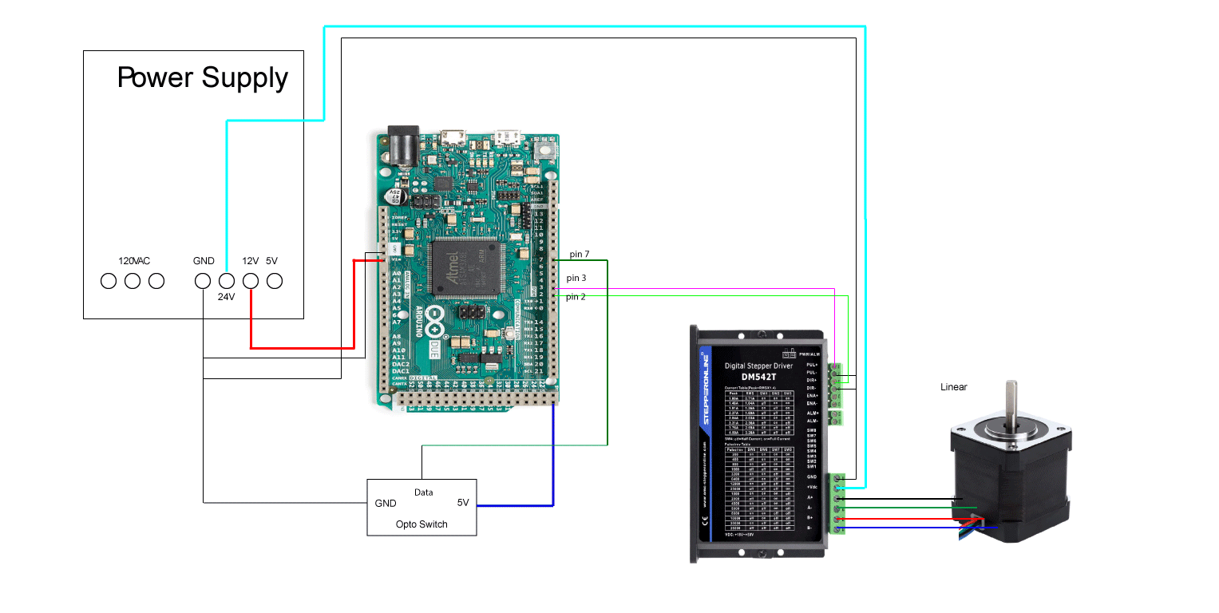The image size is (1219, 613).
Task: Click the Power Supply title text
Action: click(202, 77)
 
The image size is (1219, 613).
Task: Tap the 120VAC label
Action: click(134, 261)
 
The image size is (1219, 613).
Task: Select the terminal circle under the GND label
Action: click(204, 281)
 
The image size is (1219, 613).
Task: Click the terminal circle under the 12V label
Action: click(251, 281)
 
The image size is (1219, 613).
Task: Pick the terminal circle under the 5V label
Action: click(275, 281)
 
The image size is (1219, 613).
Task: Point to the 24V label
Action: click(228, 296)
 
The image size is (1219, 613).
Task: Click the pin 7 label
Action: click(579, 254)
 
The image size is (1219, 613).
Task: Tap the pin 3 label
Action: click(576, 278)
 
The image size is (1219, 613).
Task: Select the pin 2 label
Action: click(576, 297)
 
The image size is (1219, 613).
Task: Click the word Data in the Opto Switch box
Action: click(424, 492)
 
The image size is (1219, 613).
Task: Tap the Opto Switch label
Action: click(422, 524)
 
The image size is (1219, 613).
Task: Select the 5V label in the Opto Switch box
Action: click(463, 503)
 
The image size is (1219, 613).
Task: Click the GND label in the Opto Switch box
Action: click(386, 504)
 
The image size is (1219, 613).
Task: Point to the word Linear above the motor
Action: click(953, 387)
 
